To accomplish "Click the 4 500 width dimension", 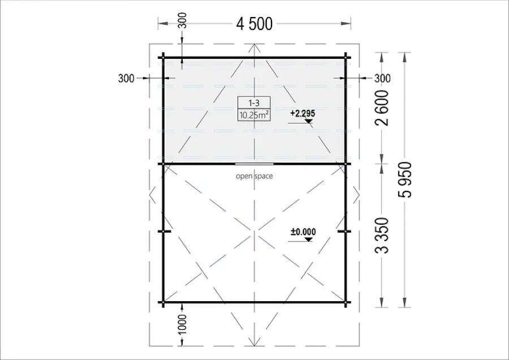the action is pos(254,24).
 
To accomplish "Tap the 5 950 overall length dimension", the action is pos(405,179).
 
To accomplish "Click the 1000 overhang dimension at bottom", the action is pos(183,324).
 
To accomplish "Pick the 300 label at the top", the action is pos(183,20).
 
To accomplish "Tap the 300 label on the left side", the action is pos(126,78).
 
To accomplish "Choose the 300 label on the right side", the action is pos(383,78).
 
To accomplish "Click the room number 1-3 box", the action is pos(254,102).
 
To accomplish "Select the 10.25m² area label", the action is pos(254,115).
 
